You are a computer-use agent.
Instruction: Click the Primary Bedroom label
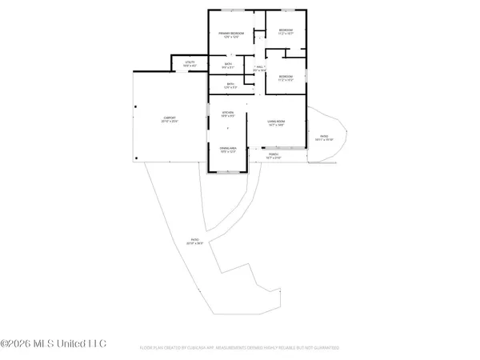point(231,33)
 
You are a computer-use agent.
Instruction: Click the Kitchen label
point(227,113)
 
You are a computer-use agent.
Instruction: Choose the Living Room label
point(276,121)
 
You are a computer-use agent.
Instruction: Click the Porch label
point(274,155)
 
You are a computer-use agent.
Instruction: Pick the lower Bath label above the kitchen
point(230,84)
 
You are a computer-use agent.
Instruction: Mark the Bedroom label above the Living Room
point(286,77)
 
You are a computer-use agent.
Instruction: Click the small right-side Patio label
point(324,137)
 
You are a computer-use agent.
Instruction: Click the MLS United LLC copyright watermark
point(54,345)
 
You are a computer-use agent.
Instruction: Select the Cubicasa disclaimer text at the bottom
point(239,349)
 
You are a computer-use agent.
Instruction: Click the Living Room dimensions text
point(276,125)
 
